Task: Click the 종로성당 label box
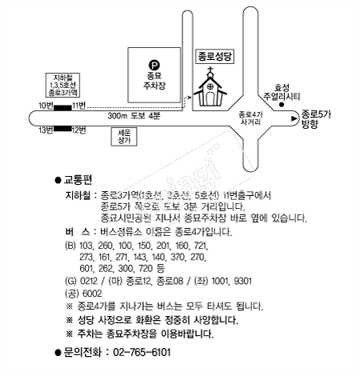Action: pyautogui.click(x=215, y=57)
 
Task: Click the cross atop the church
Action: pyautogui.click(x=210, y=70)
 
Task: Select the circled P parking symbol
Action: pyautogui.click(x=154, y=65)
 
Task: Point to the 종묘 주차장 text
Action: pyautogui.click(x=154, y=81)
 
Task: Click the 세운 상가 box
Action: pyautogui.click(x=124, y=137)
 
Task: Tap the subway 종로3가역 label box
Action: pyautogui.click(x=63, y=85)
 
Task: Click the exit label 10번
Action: pyautogui.click(x=46, y=106)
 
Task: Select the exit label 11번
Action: pyautogui.click(x=79, y=106)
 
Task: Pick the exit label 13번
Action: pyautogui.click(x=46, y=130)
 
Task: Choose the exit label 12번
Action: pyautogui.click(x=79, y=130)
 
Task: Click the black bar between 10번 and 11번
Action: pyautogui.click(x=63, y=108)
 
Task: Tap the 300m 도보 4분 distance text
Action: pyautogui.click(x=134, y=116)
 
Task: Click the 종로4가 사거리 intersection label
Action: pyautogui.click(x=250, y=118)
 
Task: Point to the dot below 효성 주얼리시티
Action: pyautogui.click(x=282, y=105)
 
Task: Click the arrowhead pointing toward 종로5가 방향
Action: pyautogui.click(x=294, y=118)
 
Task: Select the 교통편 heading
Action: pyautogui.click(x=78, y=180)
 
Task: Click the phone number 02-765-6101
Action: pyautogui.click(x=142, y=352)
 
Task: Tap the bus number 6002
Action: pyautogui.click(x=92, y=294)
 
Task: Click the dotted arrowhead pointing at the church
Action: pyautogui.click(x=189, y=98)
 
